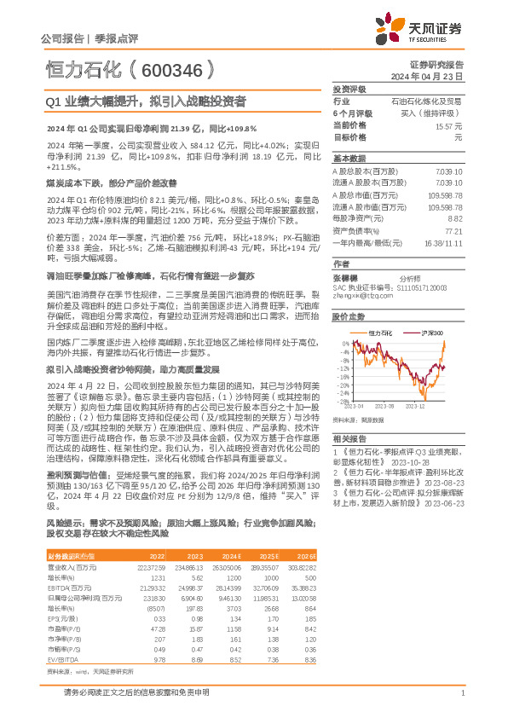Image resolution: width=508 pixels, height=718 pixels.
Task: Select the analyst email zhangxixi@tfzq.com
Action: coord(357,296)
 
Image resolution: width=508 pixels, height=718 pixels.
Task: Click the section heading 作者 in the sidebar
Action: coord(341,263)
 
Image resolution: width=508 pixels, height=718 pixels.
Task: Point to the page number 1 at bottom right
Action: coord(461,692)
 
